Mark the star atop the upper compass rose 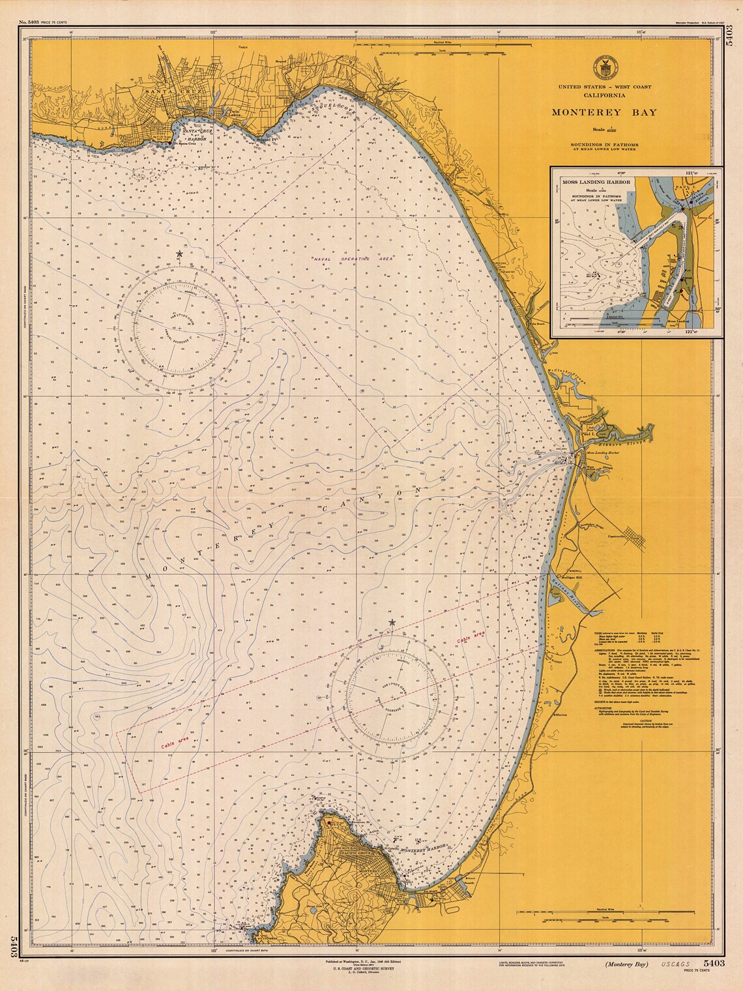pyautogui.click(x=179, y=254)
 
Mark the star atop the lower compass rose pyautogui.click(x=391, y=623)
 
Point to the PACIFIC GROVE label pyautogui.click(x=356, y=852)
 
